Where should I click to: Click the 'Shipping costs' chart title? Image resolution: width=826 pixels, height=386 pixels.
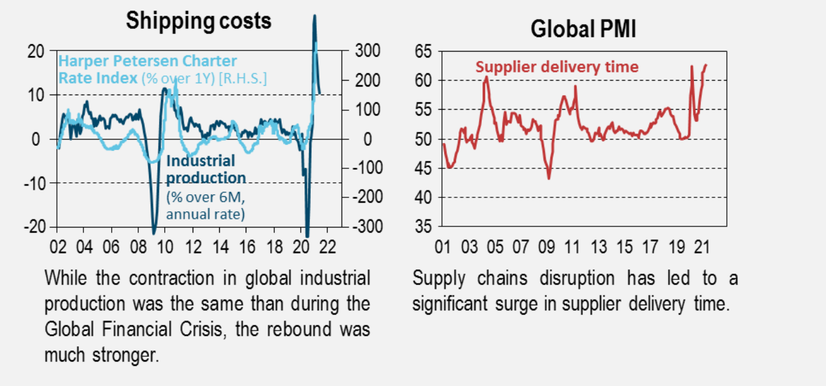click(x=198, y=21)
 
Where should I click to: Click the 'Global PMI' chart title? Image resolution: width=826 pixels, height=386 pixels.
click(x=583, y=29)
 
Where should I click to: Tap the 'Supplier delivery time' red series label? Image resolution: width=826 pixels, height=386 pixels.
click(x=556, y=67)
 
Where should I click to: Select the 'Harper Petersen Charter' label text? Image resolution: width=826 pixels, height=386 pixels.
click(x=148, y=62)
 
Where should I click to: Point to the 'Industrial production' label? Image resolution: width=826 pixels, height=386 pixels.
click(x=206, y=169)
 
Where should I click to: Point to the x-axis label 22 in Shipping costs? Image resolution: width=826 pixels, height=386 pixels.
click(x=328, y=245)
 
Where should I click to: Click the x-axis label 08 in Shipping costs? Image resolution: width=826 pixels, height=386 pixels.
click(x=138, y=245)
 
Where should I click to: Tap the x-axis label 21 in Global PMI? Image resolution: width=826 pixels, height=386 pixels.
click(x=702, y=245)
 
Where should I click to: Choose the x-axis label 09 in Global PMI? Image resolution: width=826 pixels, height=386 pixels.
click(x=547, y=245)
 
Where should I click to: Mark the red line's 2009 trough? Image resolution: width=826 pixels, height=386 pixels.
click(x=548, y=178)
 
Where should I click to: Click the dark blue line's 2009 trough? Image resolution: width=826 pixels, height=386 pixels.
click(x=154, y=231)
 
